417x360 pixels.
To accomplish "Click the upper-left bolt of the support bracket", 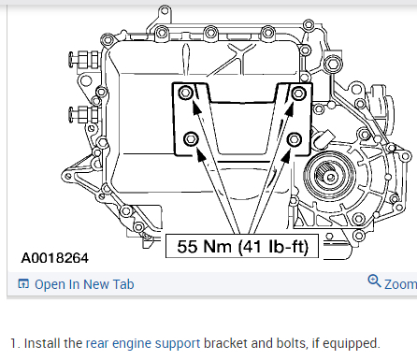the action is click(186, 93).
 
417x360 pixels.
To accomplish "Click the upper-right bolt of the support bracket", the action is click(298, 93).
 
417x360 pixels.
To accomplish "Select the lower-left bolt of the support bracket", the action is click(191, 138).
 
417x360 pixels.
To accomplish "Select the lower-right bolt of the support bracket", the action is click(294, 139).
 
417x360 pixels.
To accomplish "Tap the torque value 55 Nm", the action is click(204, 246).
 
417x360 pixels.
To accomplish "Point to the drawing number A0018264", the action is click(55, 258).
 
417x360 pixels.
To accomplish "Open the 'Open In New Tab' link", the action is click(84, 284).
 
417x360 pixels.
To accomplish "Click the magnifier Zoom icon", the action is click(374, 281).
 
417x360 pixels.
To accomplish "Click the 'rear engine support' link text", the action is click(143, 343).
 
